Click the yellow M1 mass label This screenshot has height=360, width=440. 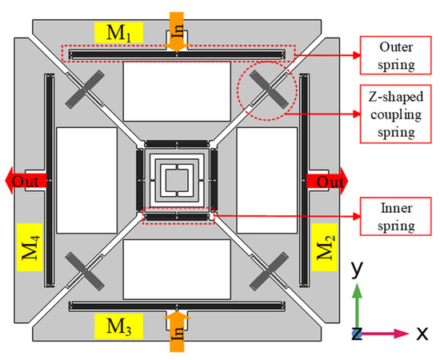116,32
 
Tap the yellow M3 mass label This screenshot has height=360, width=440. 116,325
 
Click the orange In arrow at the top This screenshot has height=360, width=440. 177,34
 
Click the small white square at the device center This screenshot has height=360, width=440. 178,176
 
